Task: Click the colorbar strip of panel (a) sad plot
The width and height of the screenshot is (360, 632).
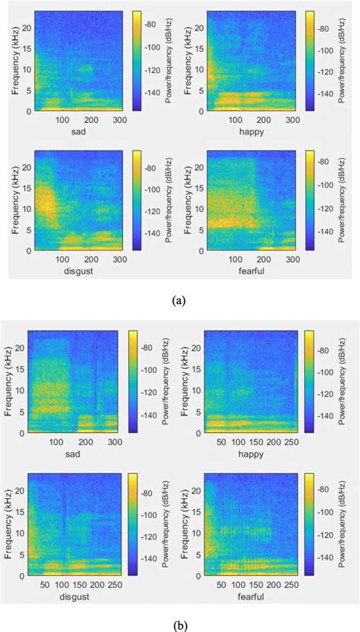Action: tap(137, 61)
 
